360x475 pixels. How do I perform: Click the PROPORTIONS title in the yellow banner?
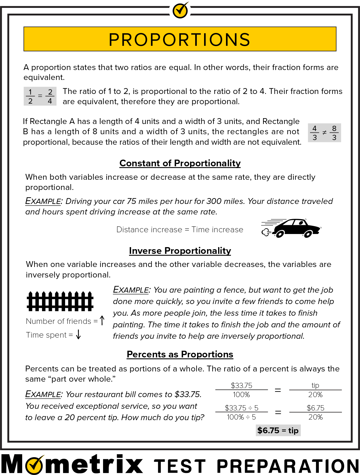[180, 39]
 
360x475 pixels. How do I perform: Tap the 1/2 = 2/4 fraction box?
[40, 96]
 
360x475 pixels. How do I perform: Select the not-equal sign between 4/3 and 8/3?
[324, 133]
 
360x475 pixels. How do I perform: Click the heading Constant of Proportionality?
[180, 163]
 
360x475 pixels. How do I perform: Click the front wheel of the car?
[307, 234]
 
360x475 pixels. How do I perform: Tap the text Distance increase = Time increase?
[180, 230]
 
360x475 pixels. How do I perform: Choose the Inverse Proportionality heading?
[180, 251]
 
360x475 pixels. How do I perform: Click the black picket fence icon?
[60, 301]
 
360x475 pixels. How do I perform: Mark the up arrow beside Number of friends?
[102, 320]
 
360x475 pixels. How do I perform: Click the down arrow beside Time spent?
[78, 335]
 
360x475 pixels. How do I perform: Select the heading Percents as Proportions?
[180, 354]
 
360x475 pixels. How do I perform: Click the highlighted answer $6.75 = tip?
[278, 430]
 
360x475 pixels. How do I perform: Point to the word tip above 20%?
[315, 385]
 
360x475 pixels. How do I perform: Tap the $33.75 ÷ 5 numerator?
[241, 408]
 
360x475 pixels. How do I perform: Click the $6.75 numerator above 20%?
[315, 408]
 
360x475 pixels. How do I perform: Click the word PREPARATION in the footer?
[288, 466]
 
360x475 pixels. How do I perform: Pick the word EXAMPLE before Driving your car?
[43, 201]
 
